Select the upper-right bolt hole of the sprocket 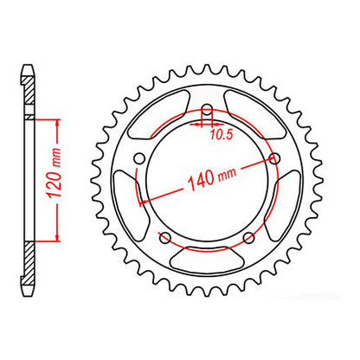pos(273,158)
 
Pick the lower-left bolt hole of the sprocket pos(164,236)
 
